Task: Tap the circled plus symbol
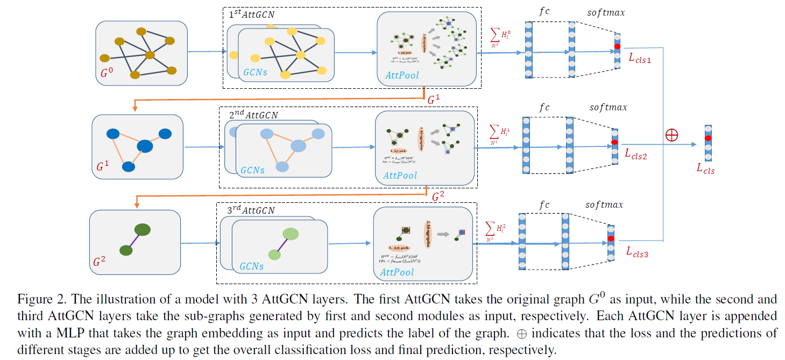click(671, 135)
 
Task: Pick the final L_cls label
click(705, 169)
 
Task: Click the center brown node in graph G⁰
click(150, 54)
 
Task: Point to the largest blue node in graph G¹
click(145, 146)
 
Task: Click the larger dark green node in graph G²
click(142, 230)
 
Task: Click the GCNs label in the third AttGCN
click(252, 266)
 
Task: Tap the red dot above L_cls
click(709, 138)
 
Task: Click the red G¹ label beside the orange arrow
click(434, 100)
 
